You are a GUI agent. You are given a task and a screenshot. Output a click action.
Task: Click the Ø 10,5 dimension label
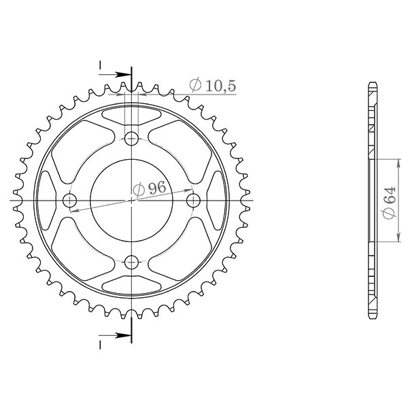point(212,85)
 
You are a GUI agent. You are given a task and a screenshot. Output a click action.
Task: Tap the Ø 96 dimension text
point(150,190)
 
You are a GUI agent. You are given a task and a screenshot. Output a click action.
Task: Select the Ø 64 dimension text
point(388,201)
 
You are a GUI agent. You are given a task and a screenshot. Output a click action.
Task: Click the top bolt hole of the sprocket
point(132,139)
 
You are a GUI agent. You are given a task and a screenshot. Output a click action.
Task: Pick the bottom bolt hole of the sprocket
point(132,261)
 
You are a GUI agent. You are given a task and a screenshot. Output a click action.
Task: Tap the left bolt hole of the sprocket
point(70,201)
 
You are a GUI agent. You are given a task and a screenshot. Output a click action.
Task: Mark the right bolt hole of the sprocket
point(193,200)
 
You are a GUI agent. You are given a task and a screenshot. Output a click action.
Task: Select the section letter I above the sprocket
point(100,65)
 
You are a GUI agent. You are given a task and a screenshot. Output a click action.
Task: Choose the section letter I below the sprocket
point(100,345)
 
